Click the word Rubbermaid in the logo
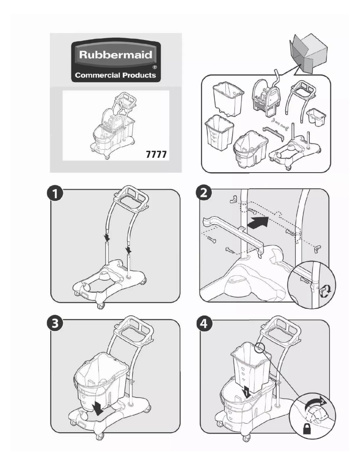[x=115, y=56]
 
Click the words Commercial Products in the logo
[x=115, y=75]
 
